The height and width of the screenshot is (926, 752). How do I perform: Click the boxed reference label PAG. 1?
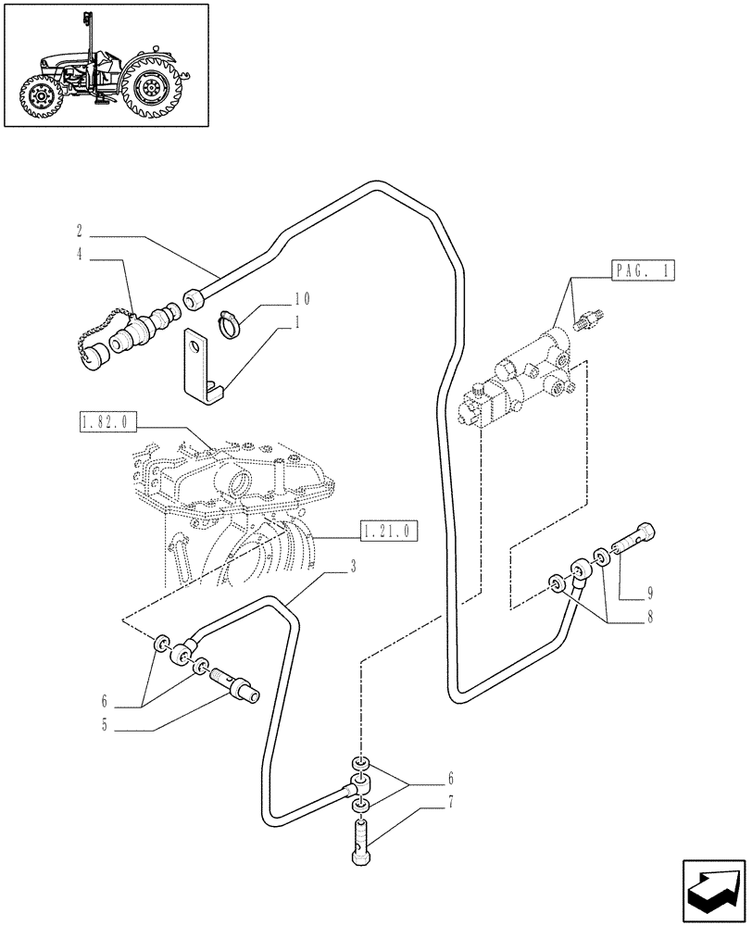[x=644, y=271]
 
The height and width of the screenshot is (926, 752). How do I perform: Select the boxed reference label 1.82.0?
[x=107, y=424]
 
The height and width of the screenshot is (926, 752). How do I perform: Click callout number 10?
[x=301, y=299]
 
